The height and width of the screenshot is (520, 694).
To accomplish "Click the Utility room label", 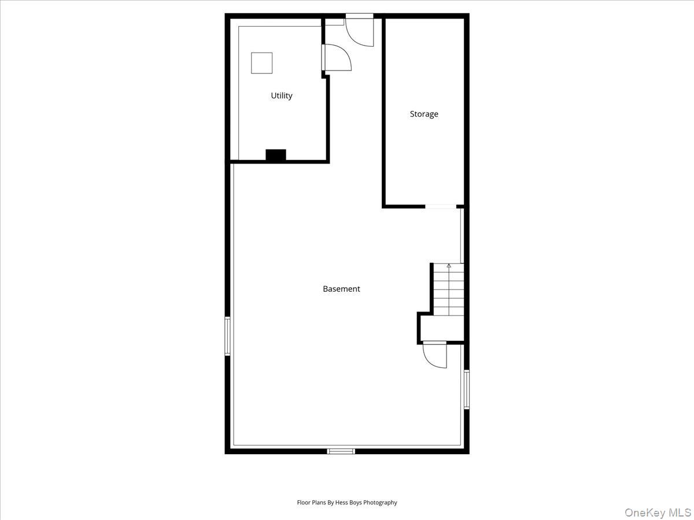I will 282,96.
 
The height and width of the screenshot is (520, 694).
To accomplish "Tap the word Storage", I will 424,114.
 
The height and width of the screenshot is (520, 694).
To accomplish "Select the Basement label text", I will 341,289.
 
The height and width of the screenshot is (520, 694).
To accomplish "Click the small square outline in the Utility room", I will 261,63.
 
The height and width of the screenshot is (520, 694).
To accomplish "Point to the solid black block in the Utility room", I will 276,155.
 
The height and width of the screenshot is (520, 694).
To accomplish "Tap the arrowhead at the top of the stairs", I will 449,266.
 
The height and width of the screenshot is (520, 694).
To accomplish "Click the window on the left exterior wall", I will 228,336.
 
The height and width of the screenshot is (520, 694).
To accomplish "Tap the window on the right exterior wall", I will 467,389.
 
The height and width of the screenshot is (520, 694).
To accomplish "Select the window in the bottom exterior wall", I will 341,451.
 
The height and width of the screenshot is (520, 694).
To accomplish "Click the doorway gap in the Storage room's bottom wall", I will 441,206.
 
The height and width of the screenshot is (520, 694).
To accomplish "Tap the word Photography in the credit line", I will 380,503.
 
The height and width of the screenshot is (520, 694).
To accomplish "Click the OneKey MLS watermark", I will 660,512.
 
